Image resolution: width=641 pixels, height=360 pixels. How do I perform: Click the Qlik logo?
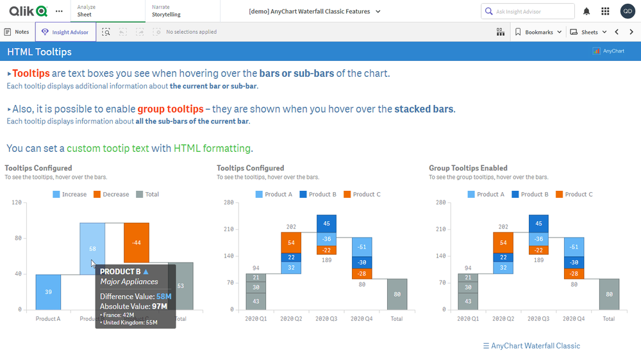[28, 11]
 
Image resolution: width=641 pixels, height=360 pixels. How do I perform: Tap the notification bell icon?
[587, 12]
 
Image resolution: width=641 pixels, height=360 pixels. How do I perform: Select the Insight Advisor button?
[65, 32]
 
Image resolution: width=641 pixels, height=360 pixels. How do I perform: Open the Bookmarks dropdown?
[538, 32]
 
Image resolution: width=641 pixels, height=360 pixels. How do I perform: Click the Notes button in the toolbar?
[17, 32]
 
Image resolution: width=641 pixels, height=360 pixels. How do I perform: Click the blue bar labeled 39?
[48, 292]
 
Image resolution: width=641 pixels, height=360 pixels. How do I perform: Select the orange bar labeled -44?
[137, 243]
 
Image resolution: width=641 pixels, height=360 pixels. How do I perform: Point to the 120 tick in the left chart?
[17, 202]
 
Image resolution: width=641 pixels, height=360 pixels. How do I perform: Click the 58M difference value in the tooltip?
[164, 297]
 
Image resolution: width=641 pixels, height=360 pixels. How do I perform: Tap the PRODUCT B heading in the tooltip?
[121, 272]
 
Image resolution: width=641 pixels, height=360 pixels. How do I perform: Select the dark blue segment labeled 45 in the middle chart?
[326, 224]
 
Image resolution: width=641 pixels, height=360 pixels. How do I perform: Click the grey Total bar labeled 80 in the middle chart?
[397, 294]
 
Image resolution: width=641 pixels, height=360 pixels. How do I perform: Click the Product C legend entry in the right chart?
[575, 194]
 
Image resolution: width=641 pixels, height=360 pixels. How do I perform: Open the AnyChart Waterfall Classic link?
[531, 346]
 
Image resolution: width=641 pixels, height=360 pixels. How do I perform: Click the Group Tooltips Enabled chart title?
[468, 168]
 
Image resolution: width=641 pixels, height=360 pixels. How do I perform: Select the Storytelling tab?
[166, 14]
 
